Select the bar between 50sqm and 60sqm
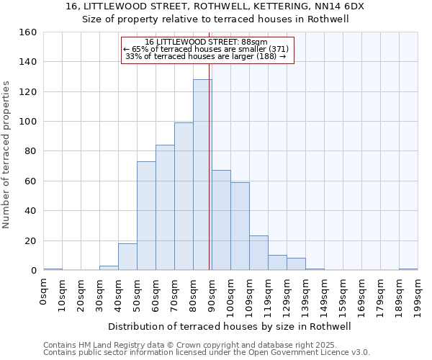click(146, 216)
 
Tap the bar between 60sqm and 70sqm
click(165, 208)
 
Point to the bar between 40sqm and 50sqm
click(127, 257)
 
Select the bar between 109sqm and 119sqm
click(258, 253)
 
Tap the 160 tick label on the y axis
click(28, 32)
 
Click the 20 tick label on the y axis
click(30, 240)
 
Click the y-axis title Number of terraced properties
click(7, 155)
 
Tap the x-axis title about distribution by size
click(234, 327)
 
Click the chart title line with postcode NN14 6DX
click(215, 6)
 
